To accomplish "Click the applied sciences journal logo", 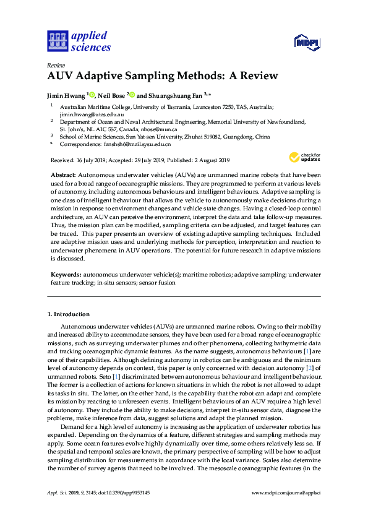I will [x=79, y=41].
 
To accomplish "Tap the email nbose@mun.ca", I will [x=161, y=129].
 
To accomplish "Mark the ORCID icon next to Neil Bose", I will [x=132, y=95].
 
